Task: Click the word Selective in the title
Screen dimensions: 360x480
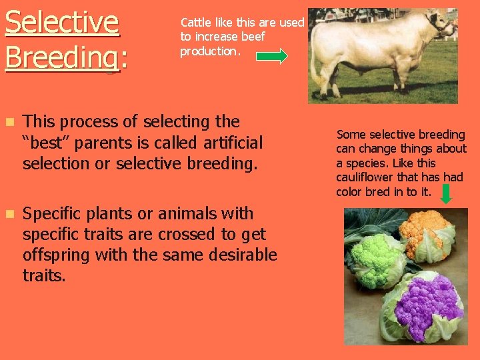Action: click(x=62, y=22)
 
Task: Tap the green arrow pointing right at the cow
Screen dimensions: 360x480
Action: click(x=272, y=57)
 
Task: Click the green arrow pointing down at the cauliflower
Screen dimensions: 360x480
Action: click(x=446, y=193)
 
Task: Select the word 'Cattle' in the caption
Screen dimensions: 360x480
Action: click(x=195, y=22)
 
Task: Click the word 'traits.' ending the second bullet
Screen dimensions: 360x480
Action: click(x=44, y=275)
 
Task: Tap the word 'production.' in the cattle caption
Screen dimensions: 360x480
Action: click(x=209, y=51)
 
